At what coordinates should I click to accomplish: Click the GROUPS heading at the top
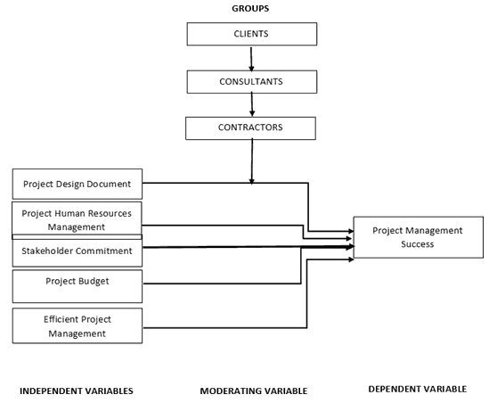point(250,9)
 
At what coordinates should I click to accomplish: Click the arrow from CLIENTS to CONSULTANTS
point(251,60)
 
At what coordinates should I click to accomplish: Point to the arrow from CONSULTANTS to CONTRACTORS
point(252,104)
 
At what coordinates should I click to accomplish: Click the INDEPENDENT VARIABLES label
point(77,391)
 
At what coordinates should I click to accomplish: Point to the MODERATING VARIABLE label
point(254,391)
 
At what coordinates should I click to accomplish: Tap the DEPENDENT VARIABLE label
point(418,389)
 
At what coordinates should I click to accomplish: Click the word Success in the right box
point(418,244)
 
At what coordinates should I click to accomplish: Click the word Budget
point(94,282)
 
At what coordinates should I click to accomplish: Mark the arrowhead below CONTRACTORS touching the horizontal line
point(252,182)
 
